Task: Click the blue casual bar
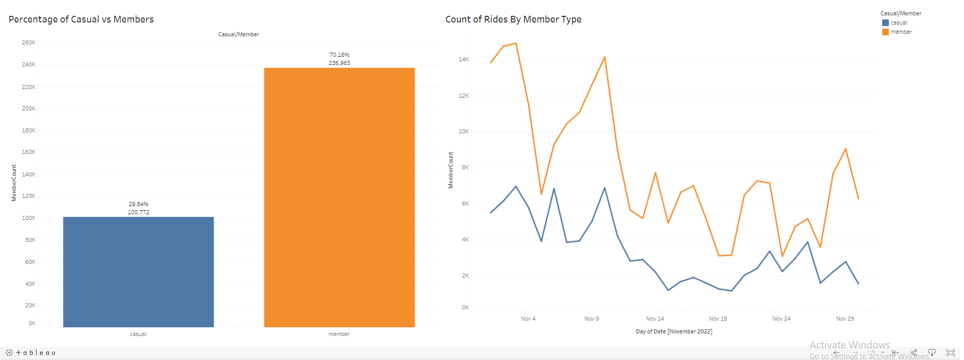point(138,272)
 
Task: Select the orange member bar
point(339,197)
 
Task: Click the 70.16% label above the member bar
point(339,55)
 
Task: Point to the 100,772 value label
point(139,212)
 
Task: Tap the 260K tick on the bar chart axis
point(29,42)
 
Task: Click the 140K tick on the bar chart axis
point(29,174)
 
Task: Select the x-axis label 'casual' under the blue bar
point(138,334)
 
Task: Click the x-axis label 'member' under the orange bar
point(339,334)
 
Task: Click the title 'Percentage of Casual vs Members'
point(81,19)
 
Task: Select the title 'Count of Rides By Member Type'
point(513,19)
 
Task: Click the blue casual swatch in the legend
point(885,22)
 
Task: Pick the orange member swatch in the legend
point(885,32)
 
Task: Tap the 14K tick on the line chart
point(464,59)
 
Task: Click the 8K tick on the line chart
point(465,167)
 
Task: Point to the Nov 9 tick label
point(592,319)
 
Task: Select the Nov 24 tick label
point(781,319)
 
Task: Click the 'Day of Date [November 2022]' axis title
point(674,331)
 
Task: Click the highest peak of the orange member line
point(515,43)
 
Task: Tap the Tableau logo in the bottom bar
point(31,352)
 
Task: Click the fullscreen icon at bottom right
point(951,352)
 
